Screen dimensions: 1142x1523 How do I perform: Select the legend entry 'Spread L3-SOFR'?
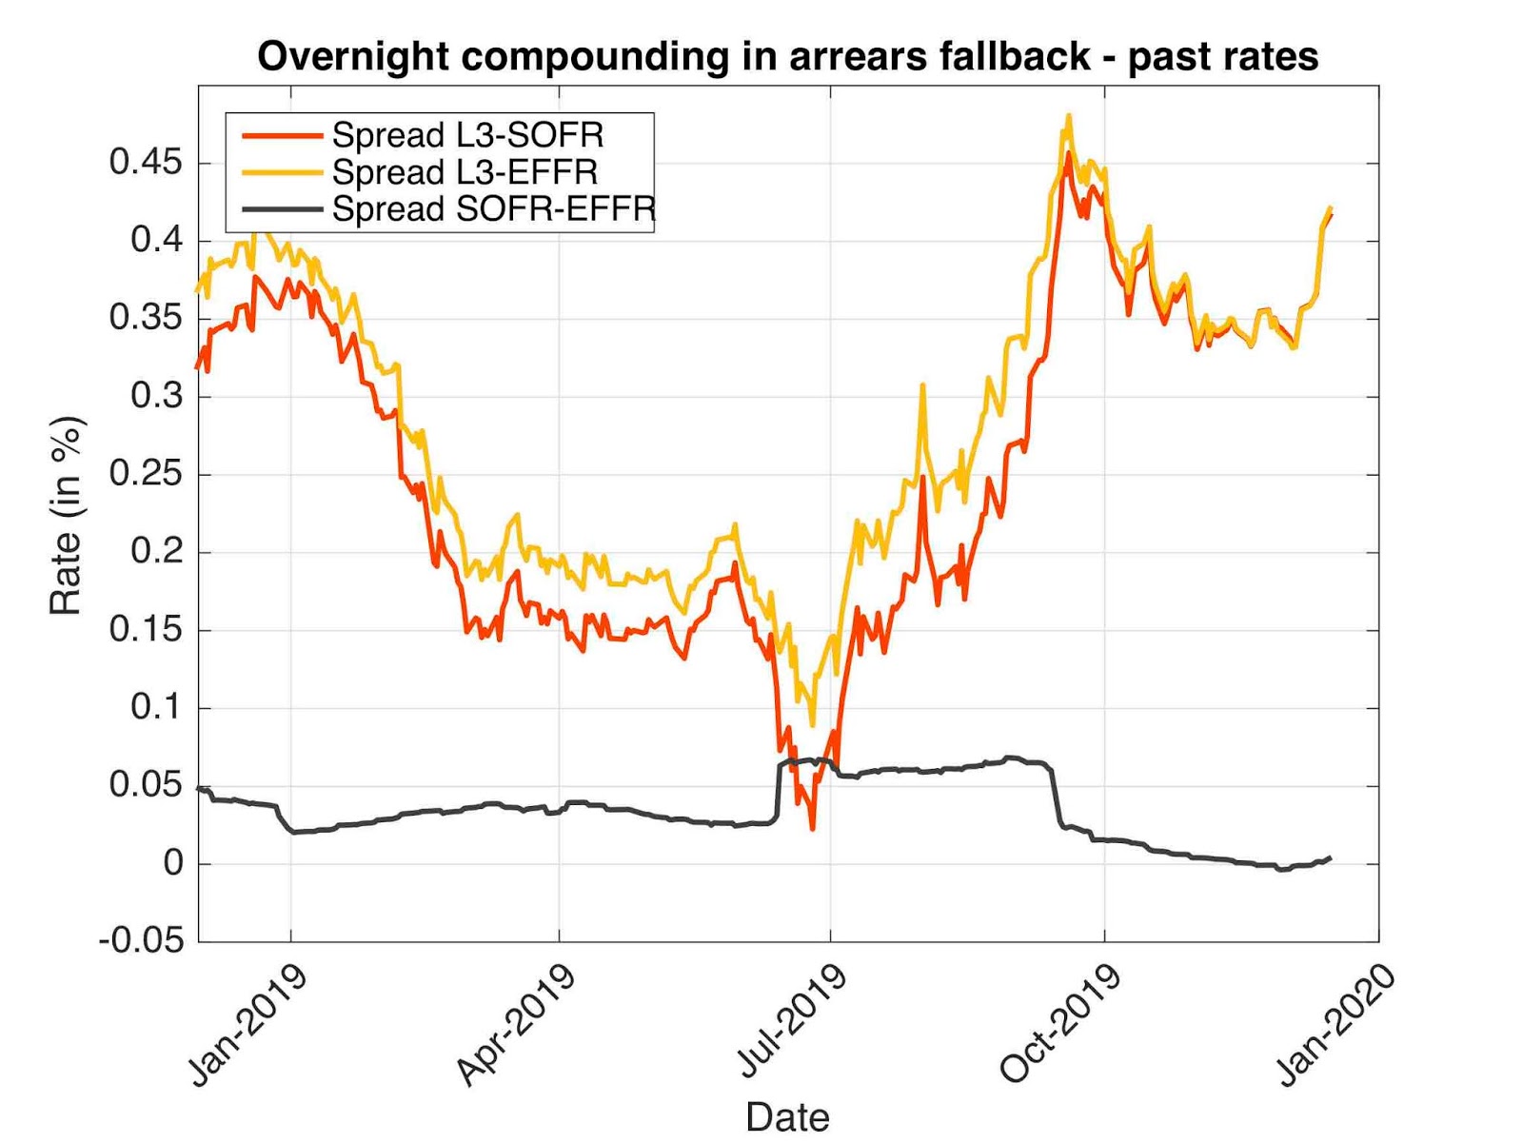point(467,135)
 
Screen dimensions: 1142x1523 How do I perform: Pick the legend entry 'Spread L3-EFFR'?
point(465,172)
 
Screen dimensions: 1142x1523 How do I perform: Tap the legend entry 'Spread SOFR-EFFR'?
point(493,209)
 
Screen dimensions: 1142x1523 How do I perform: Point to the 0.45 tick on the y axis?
point(145,163)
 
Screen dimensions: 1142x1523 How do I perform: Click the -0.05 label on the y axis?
point(141,941)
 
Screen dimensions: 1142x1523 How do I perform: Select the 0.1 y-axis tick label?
point(156,707)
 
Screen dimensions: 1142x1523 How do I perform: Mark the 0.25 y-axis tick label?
point(145,473)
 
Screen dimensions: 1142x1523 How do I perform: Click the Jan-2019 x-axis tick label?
point(248,1025)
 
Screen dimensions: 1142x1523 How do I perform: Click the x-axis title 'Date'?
point(787,1116)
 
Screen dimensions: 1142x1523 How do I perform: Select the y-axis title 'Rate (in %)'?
point(67,515)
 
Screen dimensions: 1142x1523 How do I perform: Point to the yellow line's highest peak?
point(1069,116)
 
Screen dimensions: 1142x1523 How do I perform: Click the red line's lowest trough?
point(812,828)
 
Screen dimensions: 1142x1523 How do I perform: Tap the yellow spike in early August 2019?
point(921,386)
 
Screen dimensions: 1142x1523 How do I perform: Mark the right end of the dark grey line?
point(1329,857)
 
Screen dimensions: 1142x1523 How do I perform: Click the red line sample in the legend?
point(282,136)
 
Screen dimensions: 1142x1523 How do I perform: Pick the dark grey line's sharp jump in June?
point(779,790)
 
